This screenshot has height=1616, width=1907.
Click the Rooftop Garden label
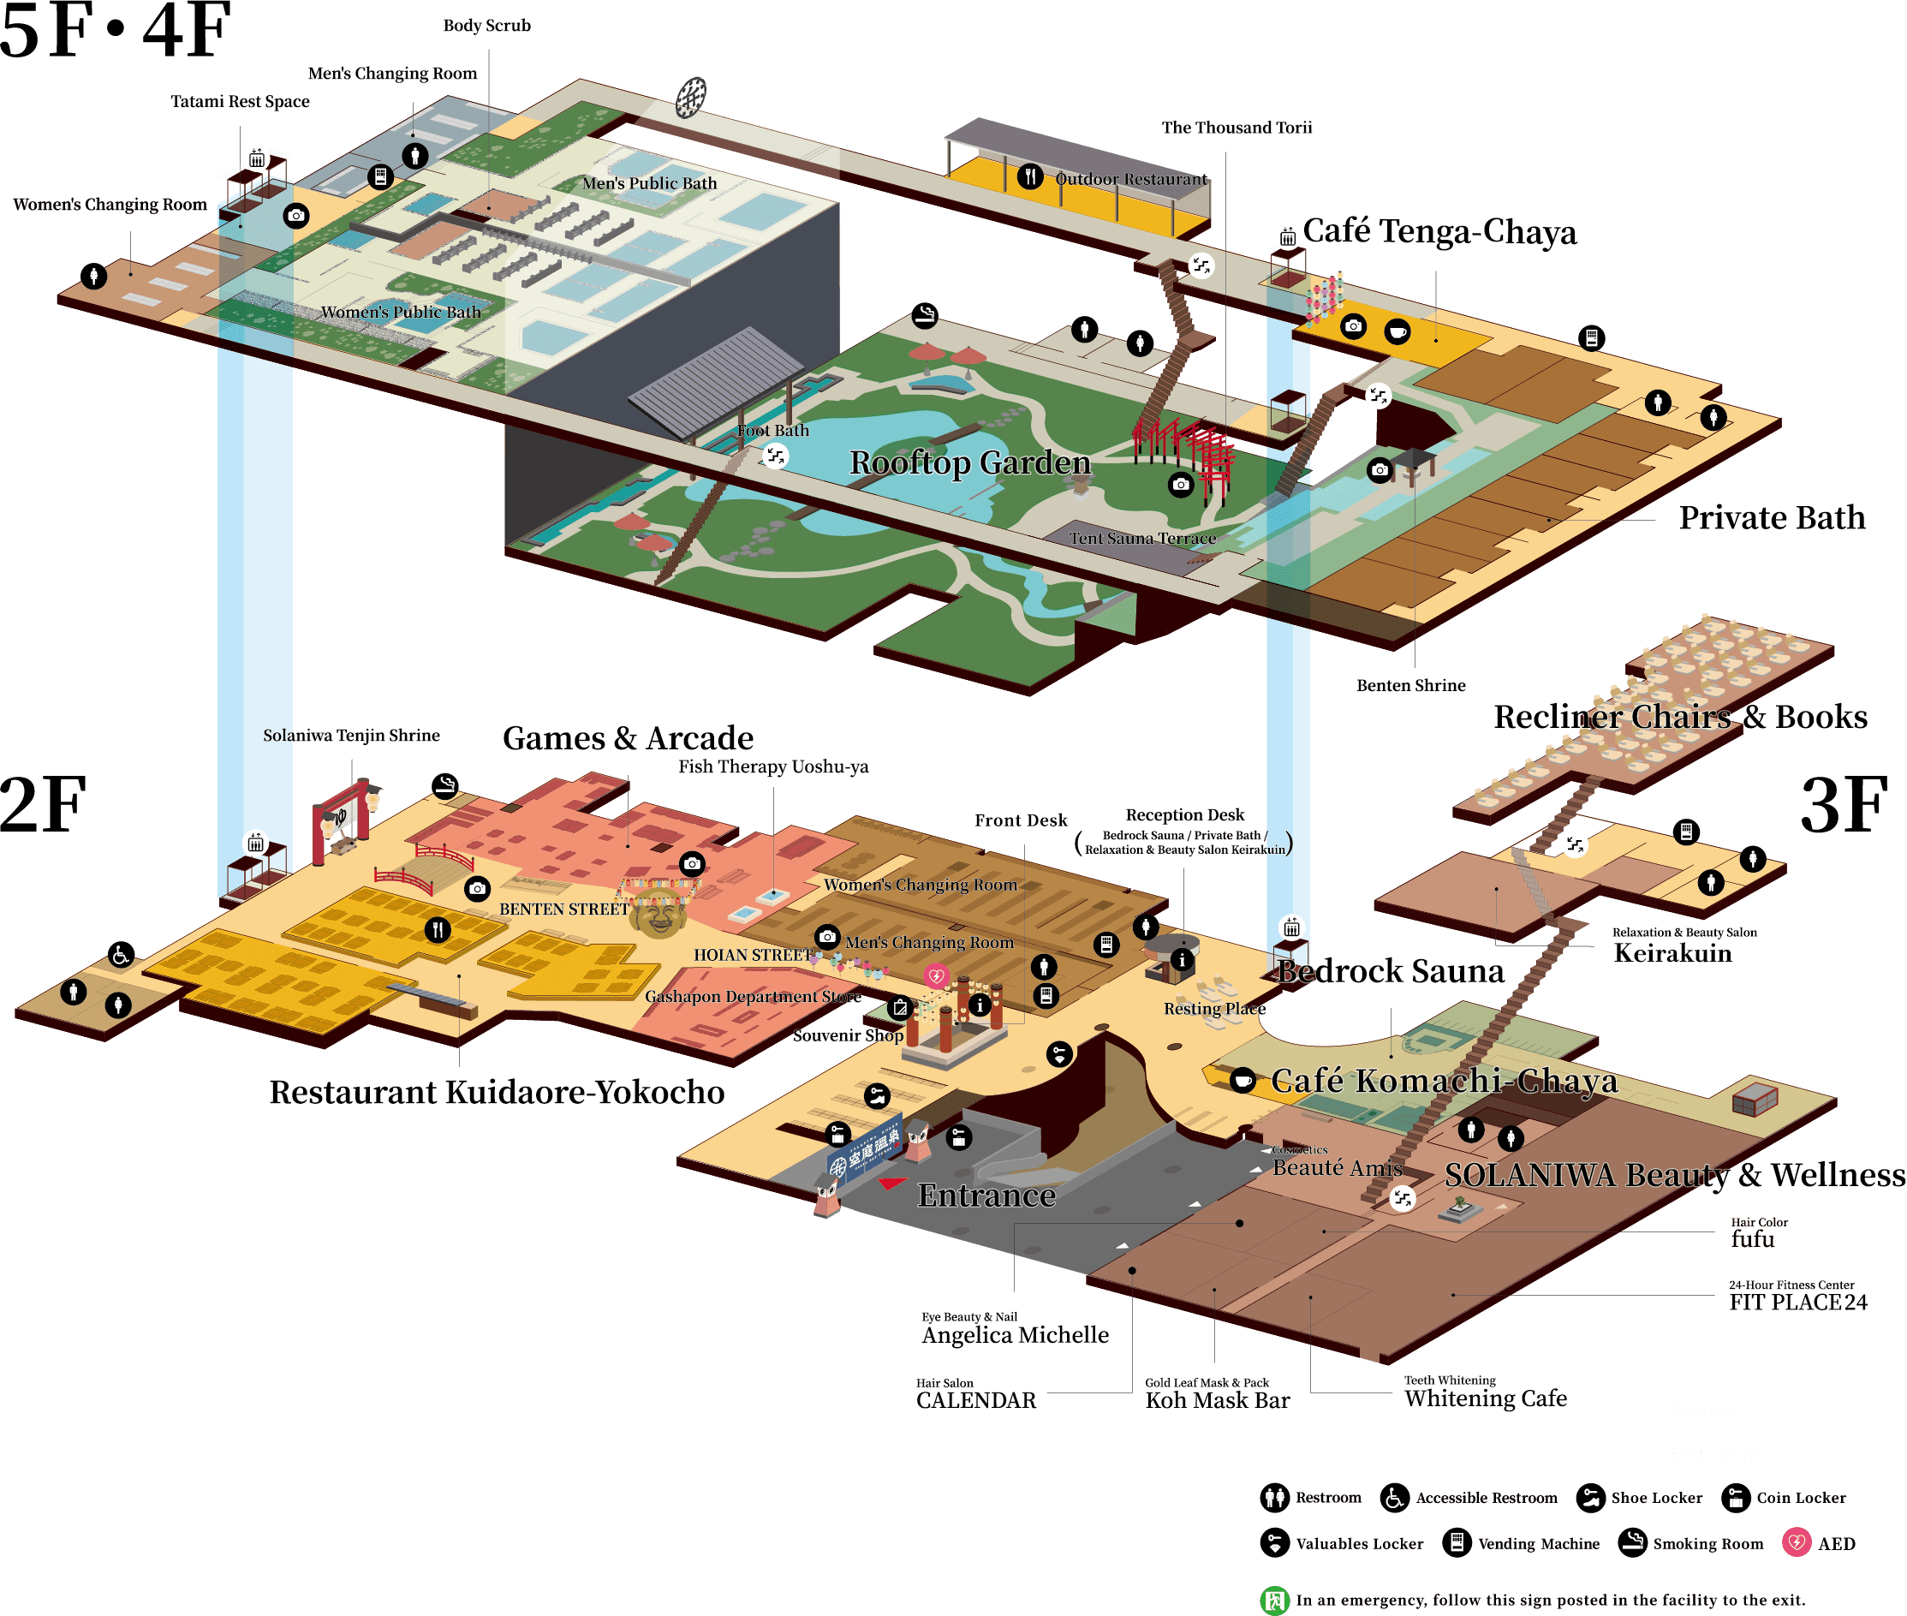click(970, 462)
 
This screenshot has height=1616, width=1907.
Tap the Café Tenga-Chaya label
click(1439, 232)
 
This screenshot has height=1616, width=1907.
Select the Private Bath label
click(1772, 517)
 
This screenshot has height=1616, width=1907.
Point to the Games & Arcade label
click(629, 737)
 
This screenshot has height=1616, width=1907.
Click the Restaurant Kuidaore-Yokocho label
click(497, 1092)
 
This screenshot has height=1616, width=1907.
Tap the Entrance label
click(986, 1196)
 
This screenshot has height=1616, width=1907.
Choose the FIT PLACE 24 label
click(1797, 1302)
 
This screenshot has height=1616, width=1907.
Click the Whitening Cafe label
click(1486, 1398)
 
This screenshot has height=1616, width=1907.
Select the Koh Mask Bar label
click(1218, 1400)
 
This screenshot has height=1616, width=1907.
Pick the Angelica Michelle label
click(1015, 1335)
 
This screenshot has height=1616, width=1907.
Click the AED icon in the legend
click(1797, 1542)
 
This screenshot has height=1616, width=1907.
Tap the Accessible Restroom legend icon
click(1394, 1498)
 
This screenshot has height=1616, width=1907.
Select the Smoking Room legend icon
click(1632, 1542)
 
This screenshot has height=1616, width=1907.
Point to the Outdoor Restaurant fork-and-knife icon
click(1030, 176)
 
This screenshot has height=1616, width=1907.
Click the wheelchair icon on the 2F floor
click(121, 955)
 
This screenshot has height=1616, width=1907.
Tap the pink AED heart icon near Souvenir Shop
click(935, 975)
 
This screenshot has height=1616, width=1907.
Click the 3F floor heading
click(1844, 805)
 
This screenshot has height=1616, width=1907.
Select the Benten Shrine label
click(1410, 685)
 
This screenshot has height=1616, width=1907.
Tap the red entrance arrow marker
click(891, 1184)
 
